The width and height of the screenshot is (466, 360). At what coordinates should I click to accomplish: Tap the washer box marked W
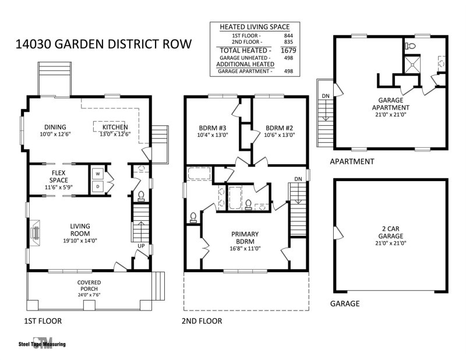pyautogui.click(x=97, y=174)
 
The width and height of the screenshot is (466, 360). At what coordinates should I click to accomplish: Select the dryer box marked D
pyautogui.click(x=97, y=186)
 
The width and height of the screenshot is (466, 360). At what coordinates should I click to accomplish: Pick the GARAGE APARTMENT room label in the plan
pyautogui.click(x=393, y=104)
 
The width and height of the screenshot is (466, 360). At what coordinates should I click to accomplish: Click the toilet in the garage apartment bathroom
pyautogui.click(x=410, y=45)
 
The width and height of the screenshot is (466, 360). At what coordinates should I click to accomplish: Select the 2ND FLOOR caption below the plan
pyautogui.click(x=202, y=321)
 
